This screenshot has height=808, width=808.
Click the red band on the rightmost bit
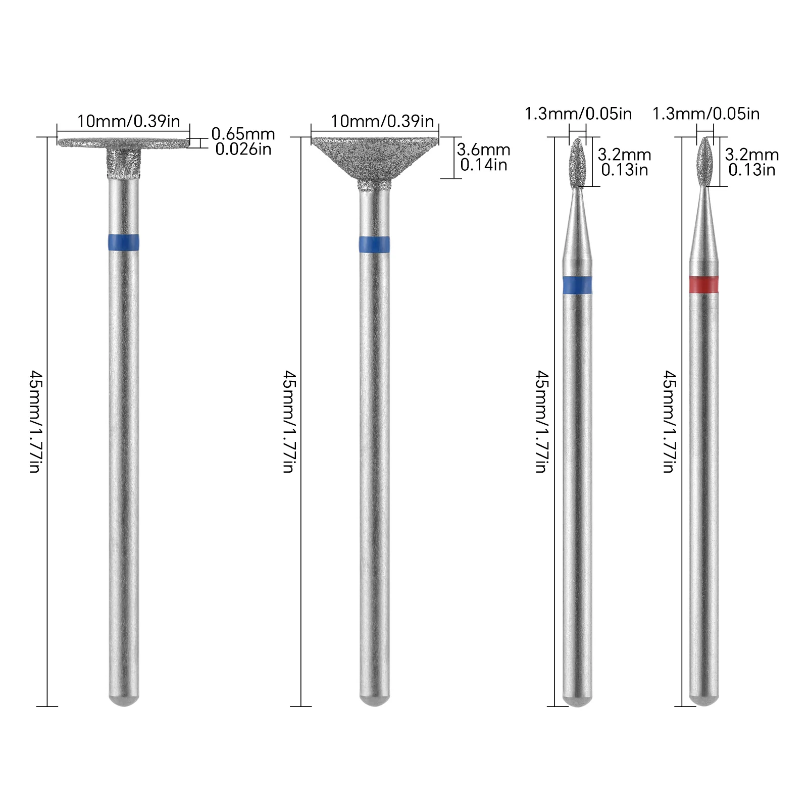(x=703, y=284)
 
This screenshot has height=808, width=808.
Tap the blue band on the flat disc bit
(x=124, y=242)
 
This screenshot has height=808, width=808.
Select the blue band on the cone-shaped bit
(x=374, y=244)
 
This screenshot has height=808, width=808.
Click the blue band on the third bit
(x=577, y=285)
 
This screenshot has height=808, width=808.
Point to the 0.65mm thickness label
(x=243, y=134)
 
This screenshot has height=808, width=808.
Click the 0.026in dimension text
(x=243, y=149)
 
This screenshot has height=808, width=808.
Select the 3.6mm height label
(x=483, y=149)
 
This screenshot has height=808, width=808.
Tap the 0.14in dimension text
(x=483, y=165)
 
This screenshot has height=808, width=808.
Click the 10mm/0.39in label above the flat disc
(x=128, y=121)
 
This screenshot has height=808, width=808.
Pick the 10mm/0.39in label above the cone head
(x=382, y=121)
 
